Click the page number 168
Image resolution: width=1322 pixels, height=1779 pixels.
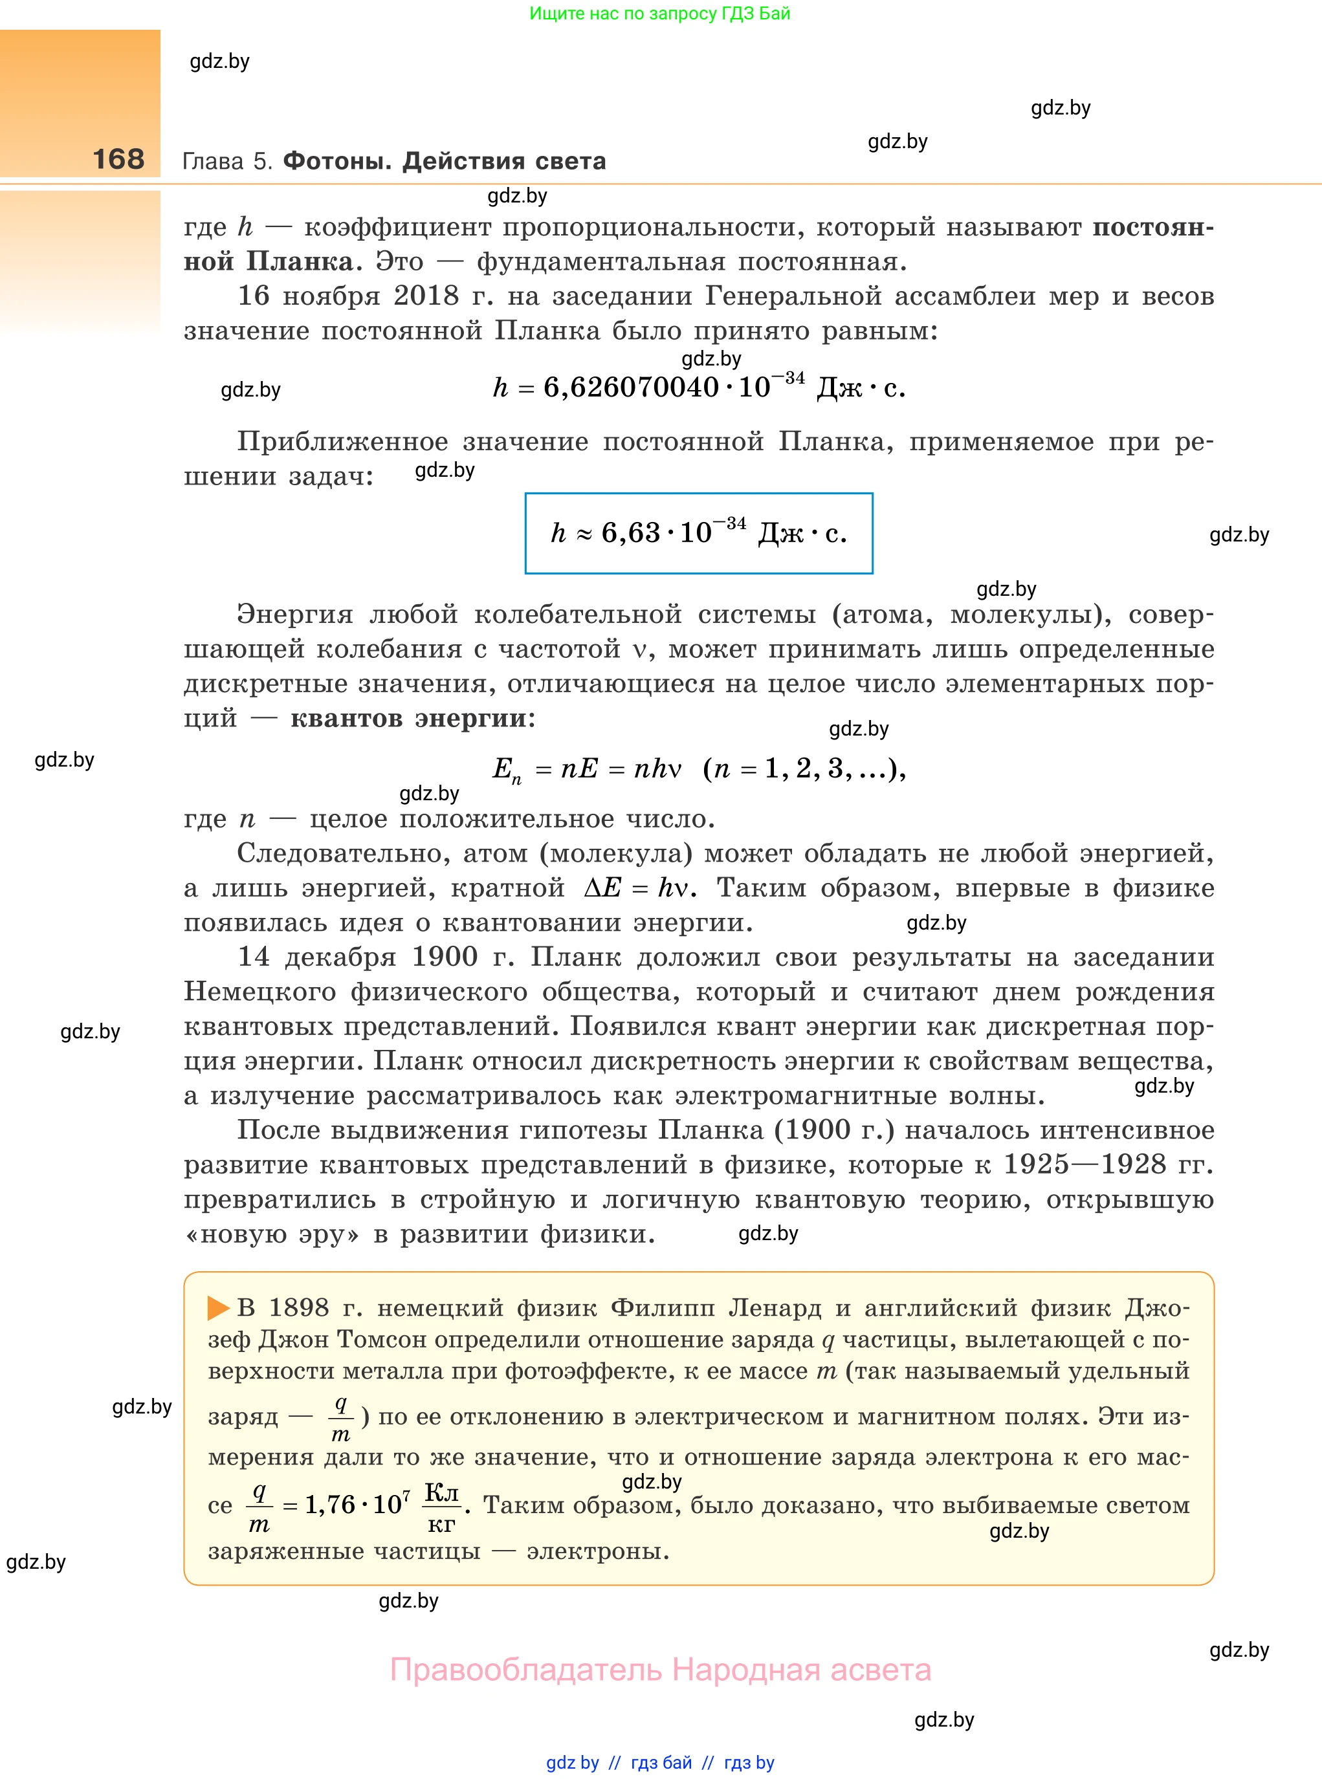(118, 159)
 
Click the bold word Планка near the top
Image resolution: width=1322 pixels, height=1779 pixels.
(300, 261)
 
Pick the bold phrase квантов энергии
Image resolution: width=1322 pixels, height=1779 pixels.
(410, 718)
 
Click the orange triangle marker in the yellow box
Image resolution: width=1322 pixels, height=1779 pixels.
(217, 1308)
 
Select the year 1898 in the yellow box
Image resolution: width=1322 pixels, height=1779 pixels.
(298, 1308)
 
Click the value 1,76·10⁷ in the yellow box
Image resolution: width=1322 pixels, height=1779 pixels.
(358, 1505)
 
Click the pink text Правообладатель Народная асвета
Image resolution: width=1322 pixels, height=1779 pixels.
(660, 1670)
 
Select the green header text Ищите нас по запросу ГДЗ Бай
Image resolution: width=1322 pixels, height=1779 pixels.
(660, 14)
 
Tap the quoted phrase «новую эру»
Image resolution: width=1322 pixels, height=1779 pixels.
(272, 1234)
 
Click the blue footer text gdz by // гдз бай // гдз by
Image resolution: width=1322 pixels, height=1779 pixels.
(660, 1762)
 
